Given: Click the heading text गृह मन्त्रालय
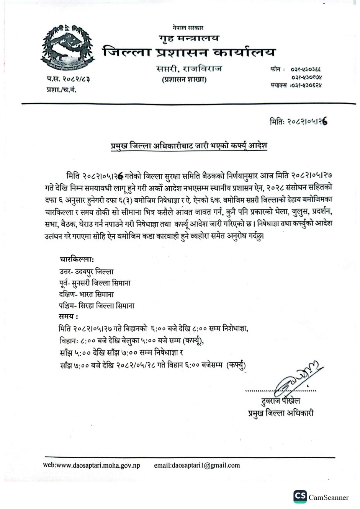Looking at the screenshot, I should [189, 38].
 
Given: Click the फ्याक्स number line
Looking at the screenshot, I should [295, 85].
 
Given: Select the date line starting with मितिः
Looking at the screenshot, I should [299, 122].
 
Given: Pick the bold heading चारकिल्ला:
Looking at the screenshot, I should [77, 259].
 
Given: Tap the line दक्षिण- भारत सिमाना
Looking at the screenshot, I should [87, 294].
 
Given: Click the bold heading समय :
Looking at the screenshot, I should [69, 316].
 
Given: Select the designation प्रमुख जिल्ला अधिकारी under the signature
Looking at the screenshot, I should [280, 413].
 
